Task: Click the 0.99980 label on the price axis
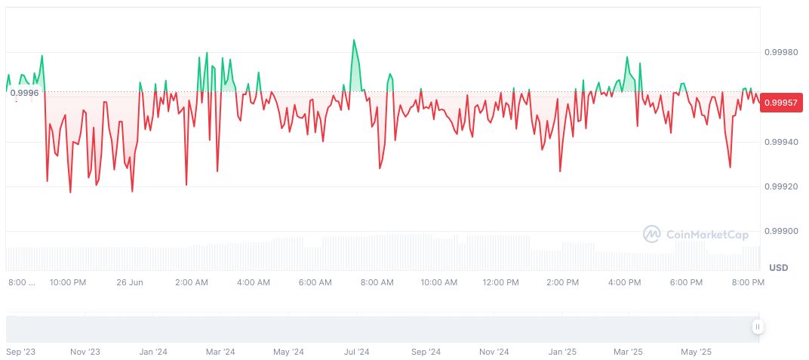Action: [x=781, y=53]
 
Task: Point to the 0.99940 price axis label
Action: [x=781, y=142]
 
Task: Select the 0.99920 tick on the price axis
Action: [x=781, y=186]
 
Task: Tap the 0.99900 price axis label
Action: [x=781, y=231]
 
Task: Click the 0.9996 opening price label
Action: [x=24, y=93]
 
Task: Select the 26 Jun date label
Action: [x=130, y=283]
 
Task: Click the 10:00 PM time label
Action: [x=68, y=283]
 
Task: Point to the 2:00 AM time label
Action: [x=191, y=283]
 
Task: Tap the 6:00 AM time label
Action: [x=315, y=283]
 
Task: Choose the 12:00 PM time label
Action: [x=500, y=283]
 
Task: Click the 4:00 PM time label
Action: [x=624, y=283]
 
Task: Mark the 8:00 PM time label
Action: [x=748, y=283]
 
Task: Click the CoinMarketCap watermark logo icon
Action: [x=651, y=235]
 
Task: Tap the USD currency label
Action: [x=778, y=268]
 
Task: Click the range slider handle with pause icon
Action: [x=757, y=327]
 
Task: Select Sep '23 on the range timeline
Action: [x=20, y=352]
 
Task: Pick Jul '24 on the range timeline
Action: [x=356, y=352]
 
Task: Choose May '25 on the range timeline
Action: [x=696, y=352]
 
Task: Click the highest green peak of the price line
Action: [x=353, y=40]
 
